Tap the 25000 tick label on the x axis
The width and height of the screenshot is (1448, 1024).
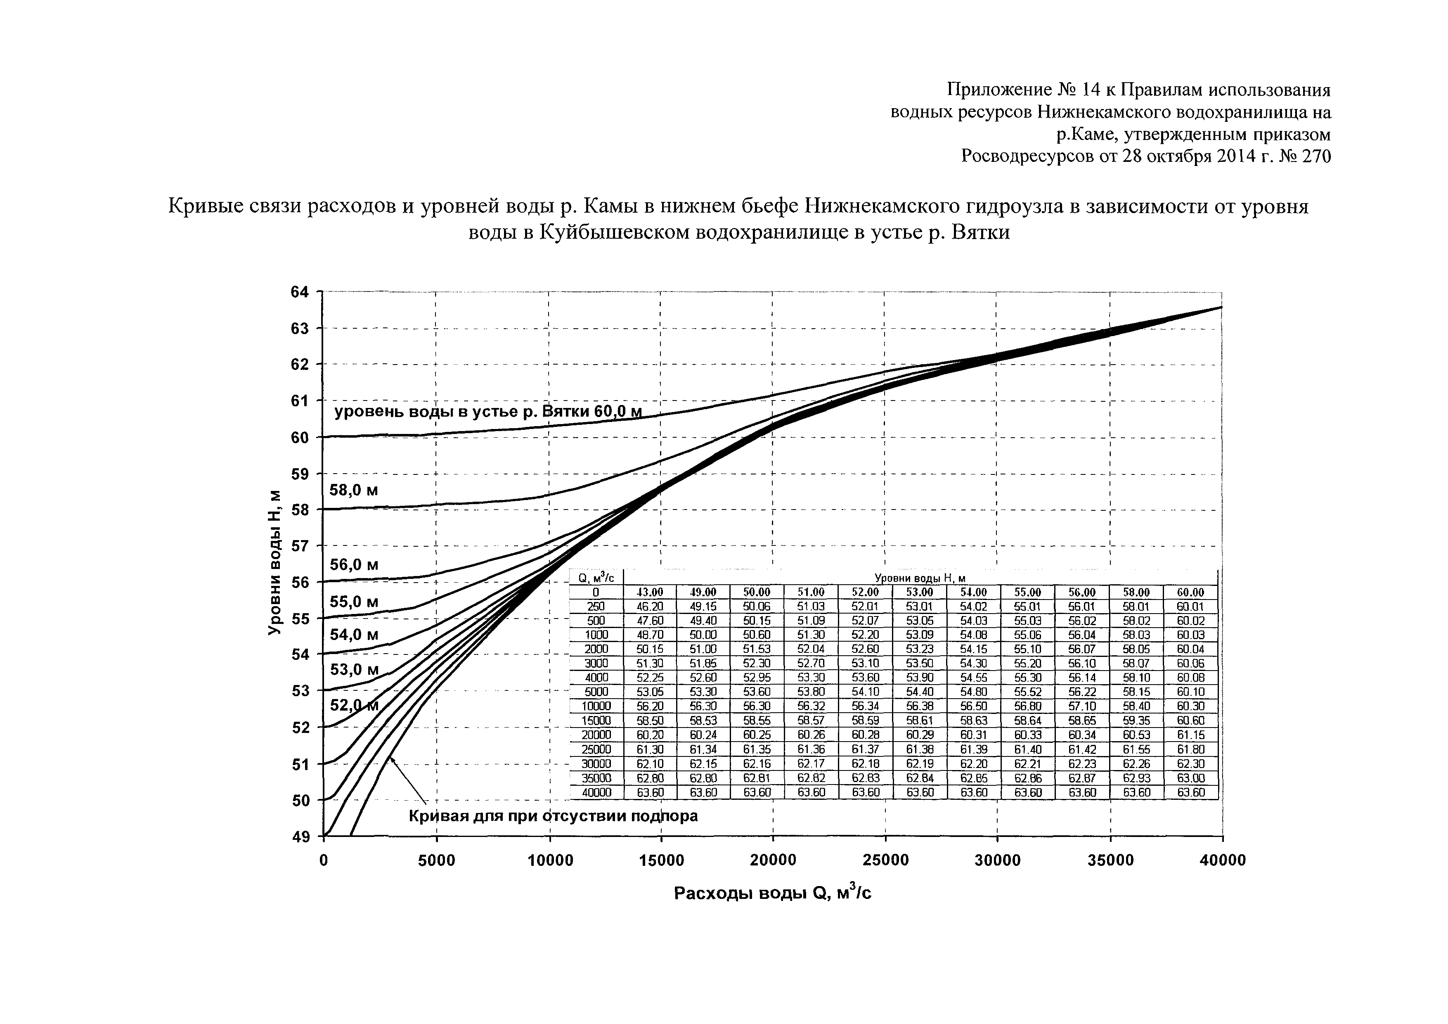click(885, 860)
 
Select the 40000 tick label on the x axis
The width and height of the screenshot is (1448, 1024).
click(1222, 860)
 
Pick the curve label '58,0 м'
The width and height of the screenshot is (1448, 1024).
click(354, 490)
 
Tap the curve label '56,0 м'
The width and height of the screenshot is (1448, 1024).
click(354, 565)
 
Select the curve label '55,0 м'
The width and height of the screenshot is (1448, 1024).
click(354, 602)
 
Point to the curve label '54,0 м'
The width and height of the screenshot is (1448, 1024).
click(354, 635)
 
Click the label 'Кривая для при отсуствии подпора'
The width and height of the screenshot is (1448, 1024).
click(553, 816)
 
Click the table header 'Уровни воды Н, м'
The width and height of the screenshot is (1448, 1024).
click(920, 578)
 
